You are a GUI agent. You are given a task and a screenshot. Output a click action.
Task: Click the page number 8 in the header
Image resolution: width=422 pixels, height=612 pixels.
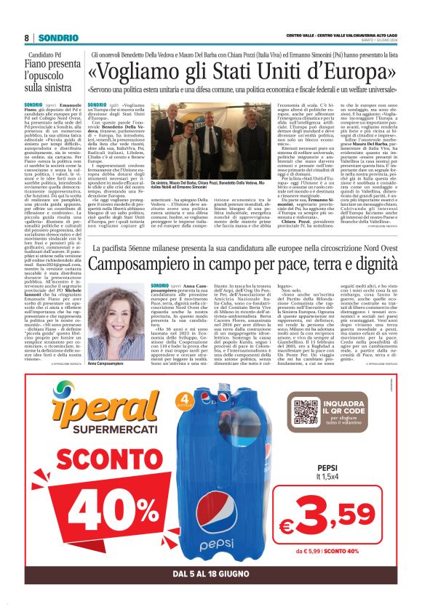click(x=27, y=37)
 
